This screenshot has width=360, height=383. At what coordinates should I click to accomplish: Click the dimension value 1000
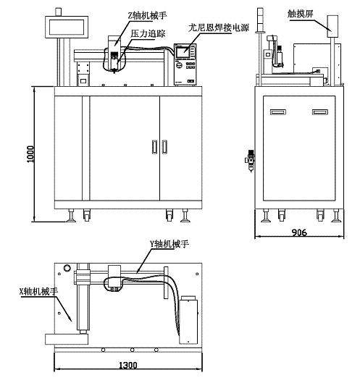click(30, 154)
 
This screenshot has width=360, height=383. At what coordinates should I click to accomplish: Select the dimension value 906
click(299, 232)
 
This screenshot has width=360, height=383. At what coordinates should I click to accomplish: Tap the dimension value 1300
click(127, 366)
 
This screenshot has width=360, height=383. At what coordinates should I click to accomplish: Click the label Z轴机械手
click(147, 16)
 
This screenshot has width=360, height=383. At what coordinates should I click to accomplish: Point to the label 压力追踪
click(148, 33)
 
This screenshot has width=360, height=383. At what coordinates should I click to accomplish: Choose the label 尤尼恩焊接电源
click(219, 28)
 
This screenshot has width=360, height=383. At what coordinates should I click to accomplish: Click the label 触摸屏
click(300, 14)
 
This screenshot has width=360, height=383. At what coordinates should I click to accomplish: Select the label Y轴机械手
click(169, 244)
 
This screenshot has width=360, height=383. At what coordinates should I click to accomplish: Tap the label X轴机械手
click(39, 291)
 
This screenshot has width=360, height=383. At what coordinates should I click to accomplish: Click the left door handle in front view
click(154, 147)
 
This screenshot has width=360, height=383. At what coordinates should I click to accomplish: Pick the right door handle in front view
click(164, 147)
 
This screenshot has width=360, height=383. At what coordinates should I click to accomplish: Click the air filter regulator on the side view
click(251, 160)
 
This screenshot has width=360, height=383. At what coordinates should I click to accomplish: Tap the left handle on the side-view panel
click(278, 112)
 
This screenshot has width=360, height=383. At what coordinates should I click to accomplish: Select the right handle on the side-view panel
click(320, 112)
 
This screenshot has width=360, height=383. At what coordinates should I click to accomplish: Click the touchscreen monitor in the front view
click(67, 27)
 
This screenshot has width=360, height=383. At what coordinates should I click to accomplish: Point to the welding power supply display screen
click(183, 52)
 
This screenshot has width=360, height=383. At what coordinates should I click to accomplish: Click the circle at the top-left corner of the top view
click(67, 268)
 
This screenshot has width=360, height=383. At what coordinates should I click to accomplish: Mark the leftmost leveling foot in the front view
click(71, 216)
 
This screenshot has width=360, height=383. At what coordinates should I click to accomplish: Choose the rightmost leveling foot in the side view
click(337, 216)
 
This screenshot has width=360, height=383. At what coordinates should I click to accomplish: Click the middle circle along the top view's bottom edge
click(132, 350)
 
